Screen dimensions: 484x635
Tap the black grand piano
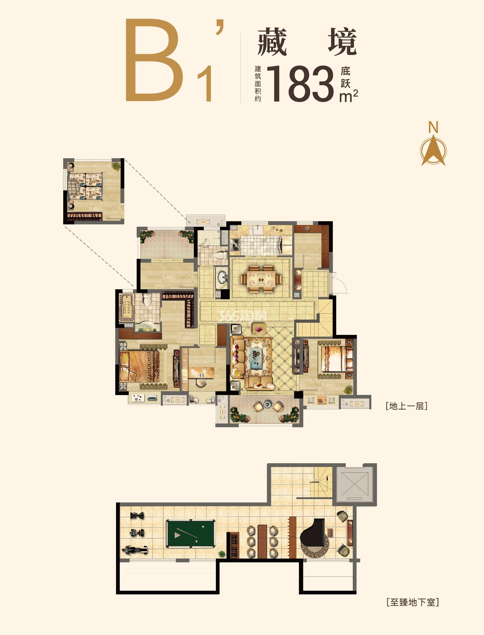click(313, 533)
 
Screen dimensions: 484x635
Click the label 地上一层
click(406, 406)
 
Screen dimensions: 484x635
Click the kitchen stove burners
click(235, 244)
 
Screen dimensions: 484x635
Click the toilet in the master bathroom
click(147, 300)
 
